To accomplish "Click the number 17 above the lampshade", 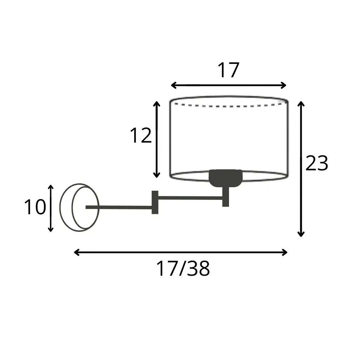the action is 228,70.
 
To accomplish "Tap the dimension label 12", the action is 141,136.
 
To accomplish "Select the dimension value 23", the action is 317,163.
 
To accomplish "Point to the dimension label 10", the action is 35,207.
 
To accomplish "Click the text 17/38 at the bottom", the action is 183,269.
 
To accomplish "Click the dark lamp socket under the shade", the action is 225,178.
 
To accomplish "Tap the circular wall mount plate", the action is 60,207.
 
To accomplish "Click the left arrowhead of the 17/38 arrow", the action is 76,252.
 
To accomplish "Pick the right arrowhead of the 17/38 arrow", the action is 285,252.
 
